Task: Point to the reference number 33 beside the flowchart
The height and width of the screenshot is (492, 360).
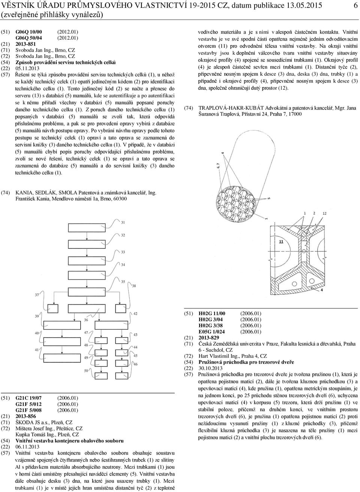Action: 123,252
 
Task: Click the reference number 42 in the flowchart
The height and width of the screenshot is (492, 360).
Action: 135,313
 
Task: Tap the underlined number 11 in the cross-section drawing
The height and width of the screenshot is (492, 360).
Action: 281,242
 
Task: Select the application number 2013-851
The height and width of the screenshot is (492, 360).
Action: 26,44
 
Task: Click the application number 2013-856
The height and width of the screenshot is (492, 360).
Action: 26,416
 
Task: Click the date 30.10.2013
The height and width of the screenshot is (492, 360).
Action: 210,368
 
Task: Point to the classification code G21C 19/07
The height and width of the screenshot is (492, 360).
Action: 28,398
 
